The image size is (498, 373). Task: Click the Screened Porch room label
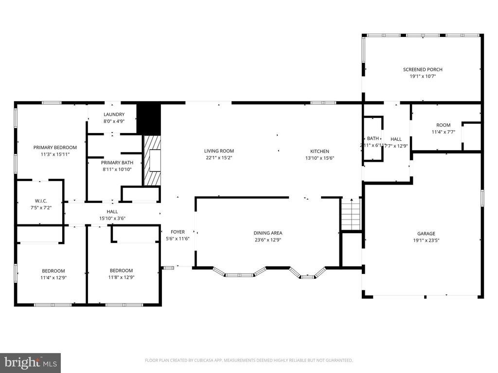[x=423, y=69]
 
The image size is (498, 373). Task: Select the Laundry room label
[x=114, y=115]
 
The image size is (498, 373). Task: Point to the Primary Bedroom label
[x=55, y=147]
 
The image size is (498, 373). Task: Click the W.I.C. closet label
[x=40, y=201]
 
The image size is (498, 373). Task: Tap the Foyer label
[x=177, y=232]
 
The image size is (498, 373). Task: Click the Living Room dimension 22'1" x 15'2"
[x=219, y=158]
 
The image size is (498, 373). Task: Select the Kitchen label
[x=320, y=151]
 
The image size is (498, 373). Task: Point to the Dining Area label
[x=267, y=233]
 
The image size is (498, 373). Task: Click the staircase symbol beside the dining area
[x=350, y=214]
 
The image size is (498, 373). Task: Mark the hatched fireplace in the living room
[x=151, y=160]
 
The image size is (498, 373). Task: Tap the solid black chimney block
[x=148, y=118]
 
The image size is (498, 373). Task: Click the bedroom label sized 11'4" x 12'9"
[x=53, y=271]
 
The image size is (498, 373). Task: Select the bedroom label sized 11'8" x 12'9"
[x=121, y=271]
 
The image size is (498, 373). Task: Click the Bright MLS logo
[x=30, y=362]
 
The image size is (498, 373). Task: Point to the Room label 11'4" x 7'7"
[x=443, y=125]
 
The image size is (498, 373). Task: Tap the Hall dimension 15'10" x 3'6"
[x=112, y=219]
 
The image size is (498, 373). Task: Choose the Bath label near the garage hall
[x=373, y=138]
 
